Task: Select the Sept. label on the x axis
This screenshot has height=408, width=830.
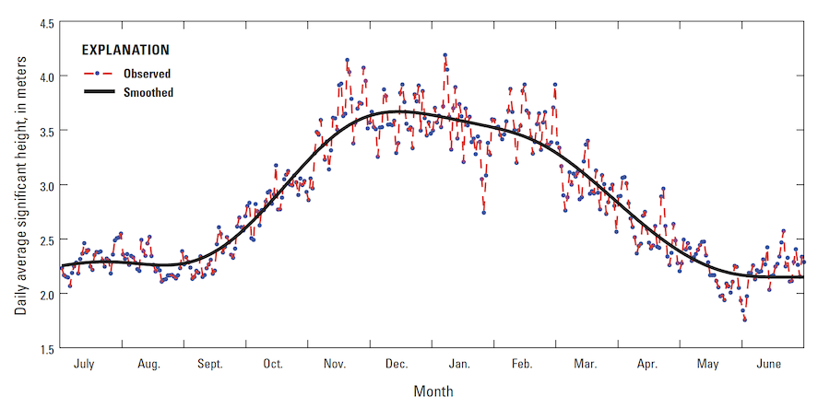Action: pos(210,364)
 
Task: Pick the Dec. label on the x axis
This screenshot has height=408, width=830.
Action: pos(397,364)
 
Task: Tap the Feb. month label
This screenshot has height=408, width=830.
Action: pos(521,364)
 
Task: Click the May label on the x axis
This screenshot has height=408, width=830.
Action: pos(707,364)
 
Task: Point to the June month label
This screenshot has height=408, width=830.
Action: pos(768,364)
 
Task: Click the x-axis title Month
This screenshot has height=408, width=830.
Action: pos(433,391)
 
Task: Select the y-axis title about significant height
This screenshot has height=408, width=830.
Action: pos(19,185)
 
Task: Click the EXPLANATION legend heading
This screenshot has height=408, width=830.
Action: pos(125,50)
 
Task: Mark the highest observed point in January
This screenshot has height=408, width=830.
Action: pos(445,55)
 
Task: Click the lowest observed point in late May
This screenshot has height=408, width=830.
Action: pos(744,320)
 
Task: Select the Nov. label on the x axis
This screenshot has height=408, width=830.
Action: pos(335,364)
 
